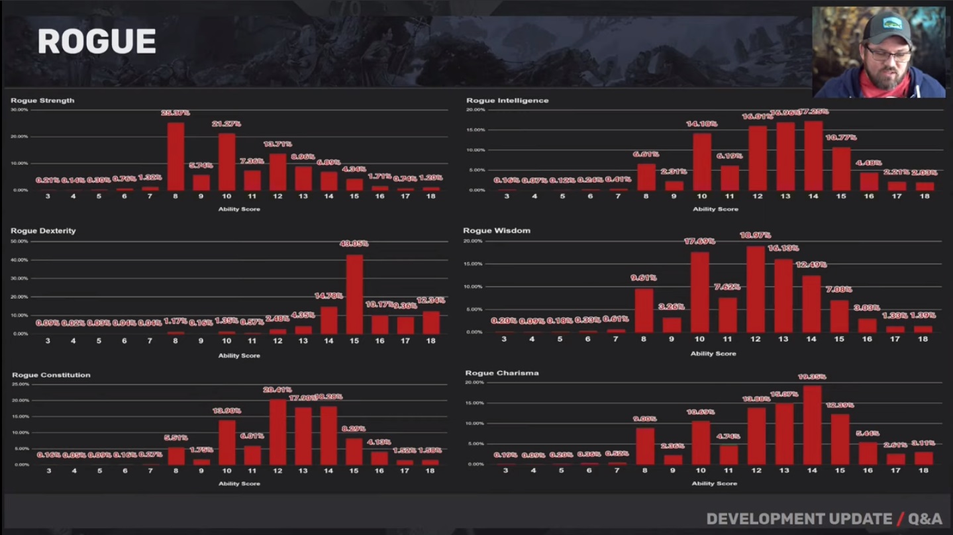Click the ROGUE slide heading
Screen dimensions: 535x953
[97, 42]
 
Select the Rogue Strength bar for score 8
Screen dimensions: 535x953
[176, 156]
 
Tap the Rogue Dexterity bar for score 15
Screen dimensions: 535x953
[354, 294]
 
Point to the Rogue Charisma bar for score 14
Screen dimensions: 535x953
[812, 425]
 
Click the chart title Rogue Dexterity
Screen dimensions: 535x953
[43, 231]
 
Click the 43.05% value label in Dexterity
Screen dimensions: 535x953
[354, 244]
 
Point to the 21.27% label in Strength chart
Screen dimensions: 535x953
[227, 124]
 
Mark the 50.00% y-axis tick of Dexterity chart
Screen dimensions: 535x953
[19, 242]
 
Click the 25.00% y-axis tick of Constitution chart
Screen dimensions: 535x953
[20, 384]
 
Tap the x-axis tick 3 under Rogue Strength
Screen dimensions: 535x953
[47, 197]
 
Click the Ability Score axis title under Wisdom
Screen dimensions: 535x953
[713, 354]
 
